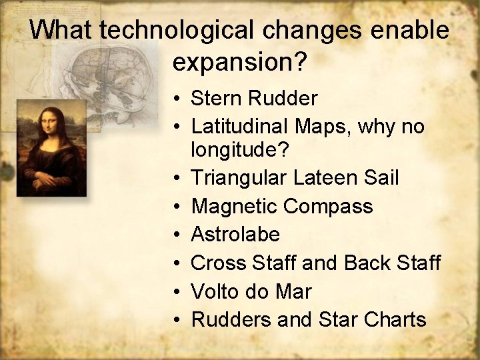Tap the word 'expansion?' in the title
point(239,62)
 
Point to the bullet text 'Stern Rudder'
point(254,99)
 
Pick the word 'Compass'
point(328,206)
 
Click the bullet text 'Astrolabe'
point(235,235)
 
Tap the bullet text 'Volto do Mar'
point(251,291)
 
